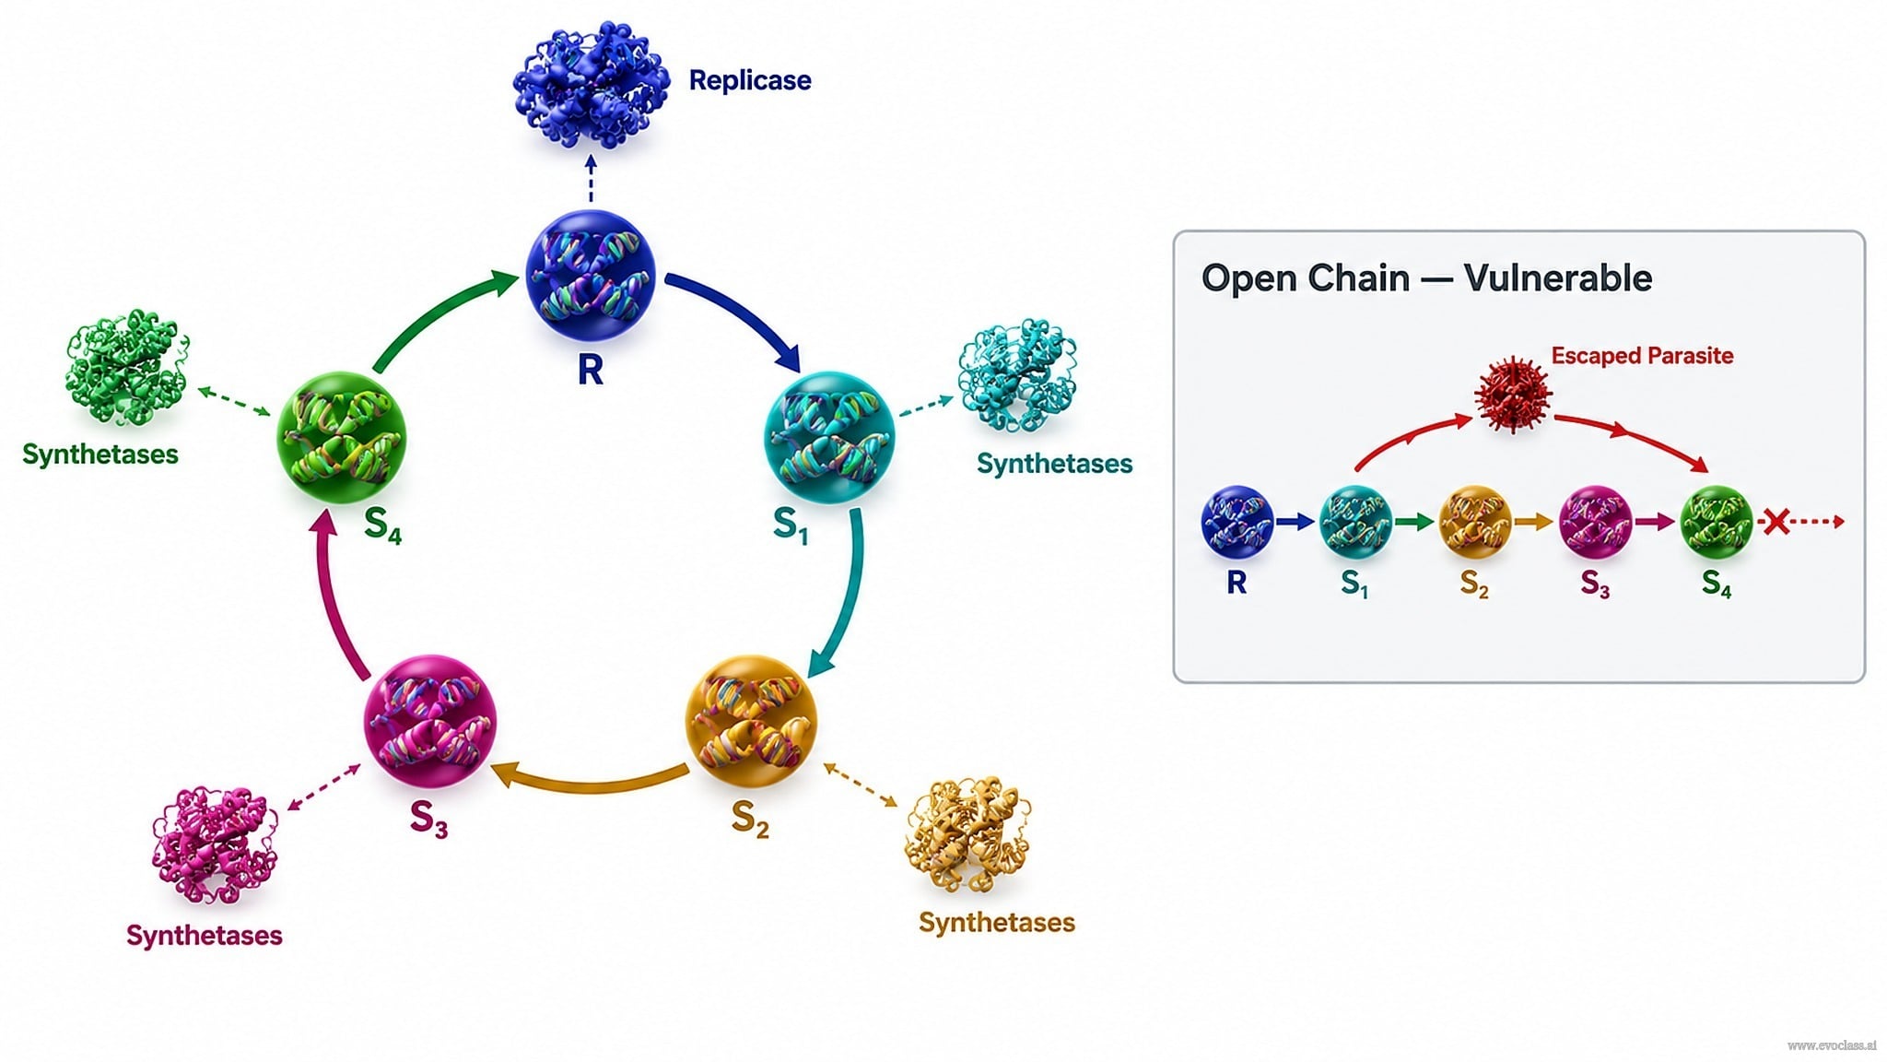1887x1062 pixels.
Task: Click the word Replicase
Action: click(750, 80)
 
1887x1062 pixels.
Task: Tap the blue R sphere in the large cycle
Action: click(591, 276)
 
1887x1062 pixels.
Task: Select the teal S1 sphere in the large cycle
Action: click(829, 436)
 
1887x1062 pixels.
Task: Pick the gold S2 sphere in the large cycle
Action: click(751, 720)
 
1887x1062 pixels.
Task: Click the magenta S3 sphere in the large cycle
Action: click(430, 720)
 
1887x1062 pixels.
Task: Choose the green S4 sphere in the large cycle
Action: click(342, 437)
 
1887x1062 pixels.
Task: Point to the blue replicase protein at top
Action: click(592, 85)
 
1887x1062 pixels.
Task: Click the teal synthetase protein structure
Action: click(1017, 376)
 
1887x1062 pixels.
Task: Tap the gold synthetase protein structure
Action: click(967, 835)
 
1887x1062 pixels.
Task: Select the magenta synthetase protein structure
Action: click(215, 844)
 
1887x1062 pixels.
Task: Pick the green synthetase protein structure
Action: click(127, 367)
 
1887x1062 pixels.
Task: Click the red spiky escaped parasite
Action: click(1513, 394)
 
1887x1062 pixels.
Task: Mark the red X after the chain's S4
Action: click(1776, 522)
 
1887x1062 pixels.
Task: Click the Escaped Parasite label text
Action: click(1642, 356)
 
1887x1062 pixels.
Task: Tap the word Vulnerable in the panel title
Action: click(1558, 277)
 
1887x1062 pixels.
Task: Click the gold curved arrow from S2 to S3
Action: click(590, 782)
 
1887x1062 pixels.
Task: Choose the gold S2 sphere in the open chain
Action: click(1475, 523)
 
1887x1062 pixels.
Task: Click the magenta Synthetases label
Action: click(205, 936)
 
